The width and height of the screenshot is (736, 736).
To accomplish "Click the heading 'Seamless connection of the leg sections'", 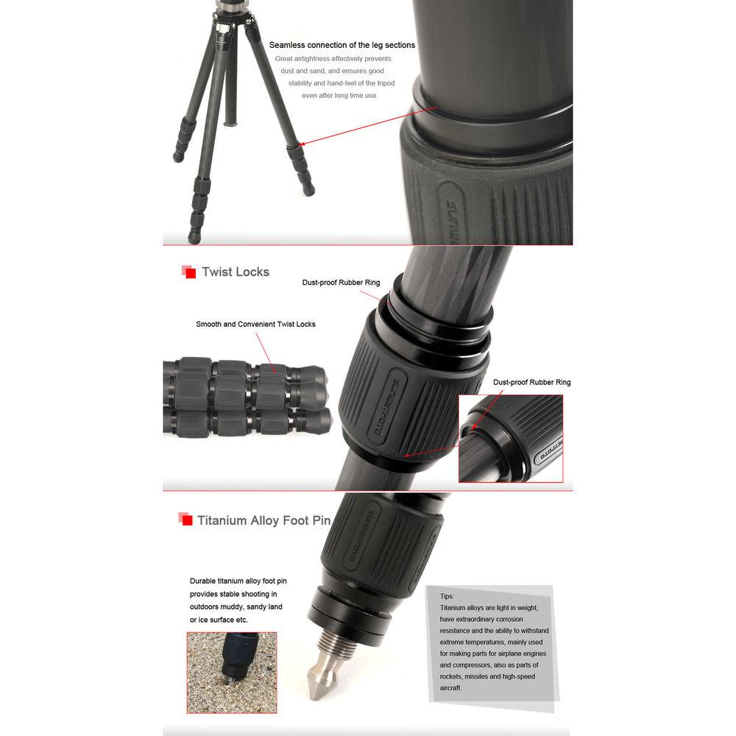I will [342, 45].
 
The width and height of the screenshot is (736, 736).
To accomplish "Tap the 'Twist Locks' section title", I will [236, 272].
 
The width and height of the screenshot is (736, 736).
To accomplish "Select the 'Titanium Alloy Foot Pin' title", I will [263, 520].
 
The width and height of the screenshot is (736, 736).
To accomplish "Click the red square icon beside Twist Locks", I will [188, 272].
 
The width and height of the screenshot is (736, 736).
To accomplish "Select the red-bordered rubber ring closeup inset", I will [510, 439].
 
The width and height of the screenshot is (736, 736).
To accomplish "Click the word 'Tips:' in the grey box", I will [447, 596].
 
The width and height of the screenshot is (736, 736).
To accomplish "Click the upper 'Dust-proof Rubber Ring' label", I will [341, 283].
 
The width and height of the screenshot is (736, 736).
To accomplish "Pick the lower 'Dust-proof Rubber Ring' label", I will [531, 382].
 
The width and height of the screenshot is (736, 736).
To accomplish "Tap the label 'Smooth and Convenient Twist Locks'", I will [255, 324].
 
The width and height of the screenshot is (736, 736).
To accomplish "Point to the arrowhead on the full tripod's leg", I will [304, 144].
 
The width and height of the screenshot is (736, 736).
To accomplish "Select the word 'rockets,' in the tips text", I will [451, 676].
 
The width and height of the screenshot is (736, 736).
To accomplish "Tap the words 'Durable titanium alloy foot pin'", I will [238, 581].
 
